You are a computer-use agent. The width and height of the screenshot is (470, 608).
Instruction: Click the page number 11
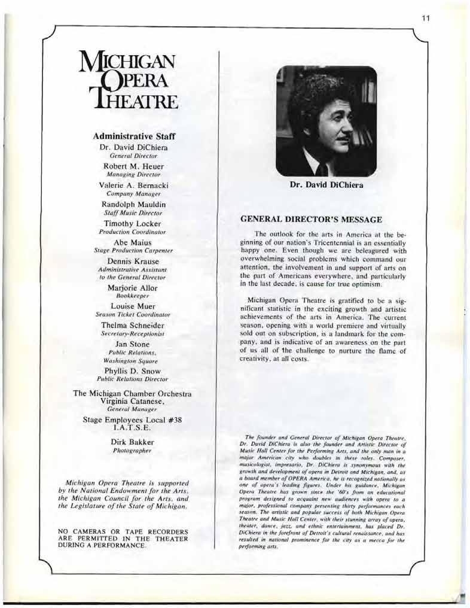pyautogui.click(x=425, y=19)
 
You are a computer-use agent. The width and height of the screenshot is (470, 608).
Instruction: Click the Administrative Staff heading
pyautogui.click(x=133, y=136)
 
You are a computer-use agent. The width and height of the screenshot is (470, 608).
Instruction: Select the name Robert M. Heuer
pyautogui.click(x=133, y=166)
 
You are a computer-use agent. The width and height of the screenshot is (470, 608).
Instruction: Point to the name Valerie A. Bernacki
pyautogui.click(x=133, y=186)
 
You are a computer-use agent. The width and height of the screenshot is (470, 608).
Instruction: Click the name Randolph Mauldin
pyautogui.click(x=133, y=205)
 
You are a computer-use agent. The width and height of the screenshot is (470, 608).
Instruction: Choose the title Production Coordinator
pyautogui.click(x=133, y=231)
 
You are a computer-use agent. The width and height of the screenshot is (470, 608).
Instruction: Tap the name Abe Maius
pyautogui.click(x=133, y=242)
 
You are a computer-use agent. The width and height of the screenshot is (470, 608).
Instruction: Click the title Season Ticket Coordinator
pyautogui.click(x=133, y=314)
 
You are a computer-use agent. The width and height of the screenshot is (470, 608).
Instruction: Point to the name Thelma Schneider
pyautogui.click(x=133, y=325)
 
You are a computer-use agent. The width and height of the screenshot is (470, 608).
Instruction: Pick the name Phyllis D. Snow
pyautogui.click(x=133, y=370)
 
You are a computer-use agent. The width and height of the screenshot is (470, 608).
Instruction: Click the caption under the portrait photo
pyautogui.click(x=326, y=185)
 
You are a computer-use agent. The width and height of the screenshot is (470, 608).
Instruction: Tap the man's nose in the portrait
pyautogui.click(x=348, y=130)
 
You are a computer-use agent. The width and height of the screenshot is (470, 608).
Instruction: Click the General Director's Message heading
pyautogui.click(x=310, y=220)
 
